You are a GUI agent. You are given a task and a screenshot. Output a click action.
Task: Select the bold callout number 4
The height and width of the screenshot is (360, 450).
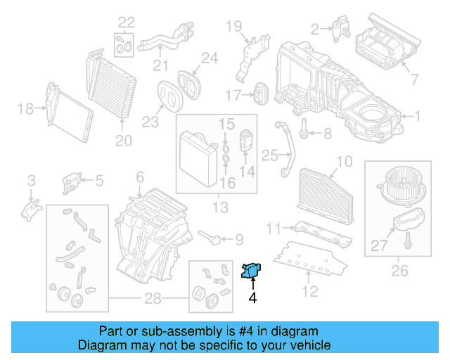251,298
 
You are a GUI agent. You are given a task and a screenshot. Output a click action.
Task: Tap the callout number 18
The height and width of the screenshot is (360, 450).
25,108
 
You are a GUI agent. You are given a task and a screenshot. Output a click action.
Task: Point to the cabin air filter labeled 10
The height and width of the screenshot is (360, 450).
328,188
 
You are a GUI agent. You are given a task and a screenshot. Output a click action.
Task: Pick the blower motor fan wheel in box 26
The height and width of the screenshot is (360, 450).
401,185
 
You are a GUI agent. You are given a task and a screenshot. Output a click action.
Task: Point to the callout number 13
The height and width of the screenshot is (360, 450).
220,207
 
